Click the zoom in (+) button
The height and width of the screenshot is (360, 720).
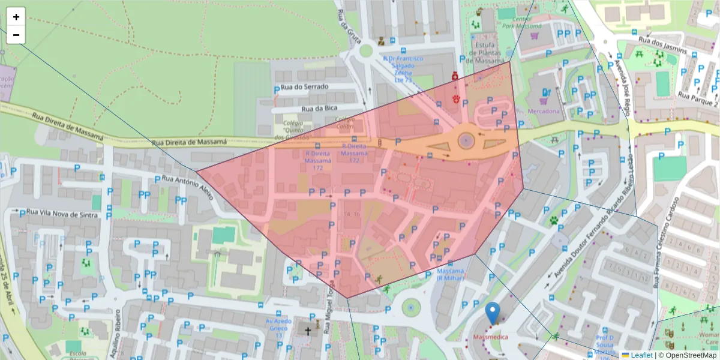16,17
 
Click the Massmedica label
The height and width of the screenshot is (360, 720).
491,338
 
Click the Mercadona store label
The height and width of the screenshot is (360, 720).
544,111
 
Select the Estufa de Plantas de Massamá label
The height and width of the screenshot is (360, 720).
485,53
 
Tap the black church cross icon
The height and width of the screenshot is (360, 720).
308,331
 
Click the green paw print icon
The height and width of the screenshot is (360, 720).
553,220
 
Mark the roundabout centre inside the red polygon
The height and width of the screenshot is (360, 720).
466,141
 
